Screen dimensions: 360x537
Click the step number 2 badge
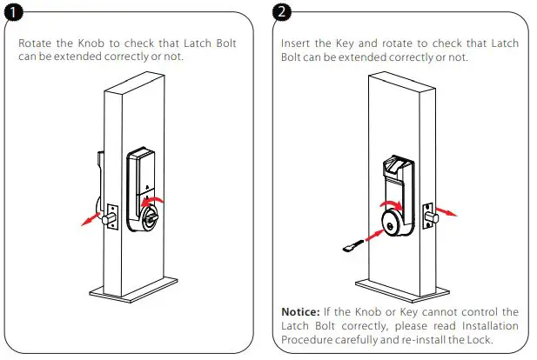(x=284, y=11)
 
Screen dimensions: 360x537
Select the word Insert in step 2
(x=297, y=43)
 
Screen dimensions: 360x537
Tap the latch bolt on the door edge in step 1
(x=110, y=218)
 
